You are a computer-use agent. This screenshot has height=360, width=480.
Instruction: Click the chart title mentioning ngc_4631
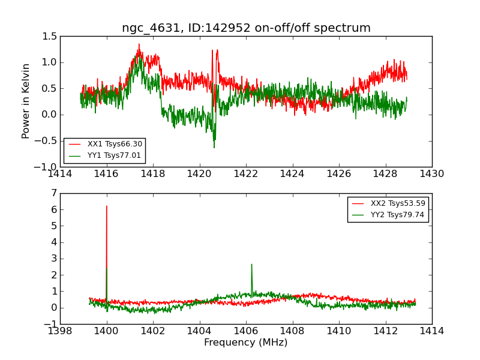click(246, 28)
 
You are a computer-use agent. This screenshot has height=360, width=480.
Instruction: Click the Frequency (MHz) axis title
click(246, 343)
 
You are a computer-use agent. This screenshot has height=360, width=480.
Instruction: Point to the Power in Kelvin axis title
click(26, 101)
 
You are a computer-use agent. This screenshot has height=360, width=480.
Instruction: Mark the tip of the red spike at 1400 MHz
click(107, 206)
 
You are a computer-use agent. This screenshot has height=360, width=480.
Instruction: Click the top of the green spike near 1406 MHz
click(251, 264)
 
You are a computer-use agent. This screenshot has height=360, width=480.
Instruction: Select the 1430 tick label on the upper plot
click(431, 174)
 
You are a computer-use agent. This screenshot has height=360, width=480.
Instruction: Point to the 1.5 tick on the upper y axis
click(50, 37)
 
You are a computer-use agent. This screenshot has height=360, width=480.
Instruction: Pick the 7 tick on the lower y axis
click(54, 193)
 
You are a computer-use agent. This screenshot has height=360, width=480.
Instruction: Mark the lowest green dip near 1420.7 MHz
click(214, 148)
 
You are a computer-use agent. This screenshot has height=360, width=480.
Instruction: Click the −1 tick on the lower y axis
click(50, 324)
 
